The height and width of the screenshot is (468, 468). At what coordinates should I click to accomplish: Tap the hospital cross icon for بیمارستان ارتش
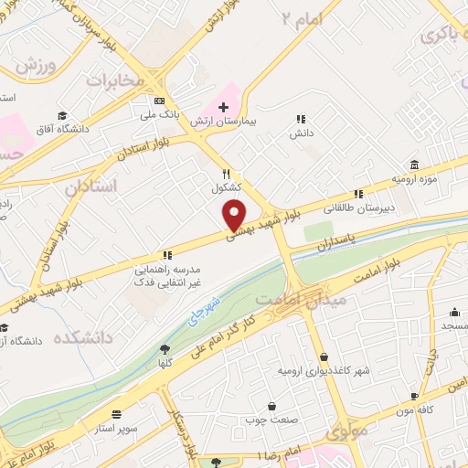[x=223, y=107]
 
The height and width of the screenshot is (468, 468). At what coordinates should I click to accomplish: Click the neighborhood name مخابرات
[x=116, y=80]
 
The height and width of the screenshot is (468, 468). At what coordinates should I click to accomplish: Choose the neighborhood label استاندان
[x=91, y=186]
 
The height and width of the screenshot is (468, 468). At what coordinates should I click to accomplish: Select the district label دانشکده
[x=81, y=337]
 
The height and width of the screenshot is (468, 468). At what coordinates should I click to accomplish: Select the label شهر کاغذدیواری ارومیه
[x=324, y=372]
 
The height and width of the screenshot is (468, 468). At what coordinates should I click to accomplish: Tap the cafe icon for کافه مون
[x=415, y=396]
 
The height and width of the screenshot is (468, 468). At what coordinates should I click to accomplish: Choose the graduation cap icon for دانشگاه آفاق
[x=61, y=115]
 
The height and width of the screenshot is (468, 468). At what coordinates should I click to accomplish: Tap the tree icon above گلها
[x=165, y=348]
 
